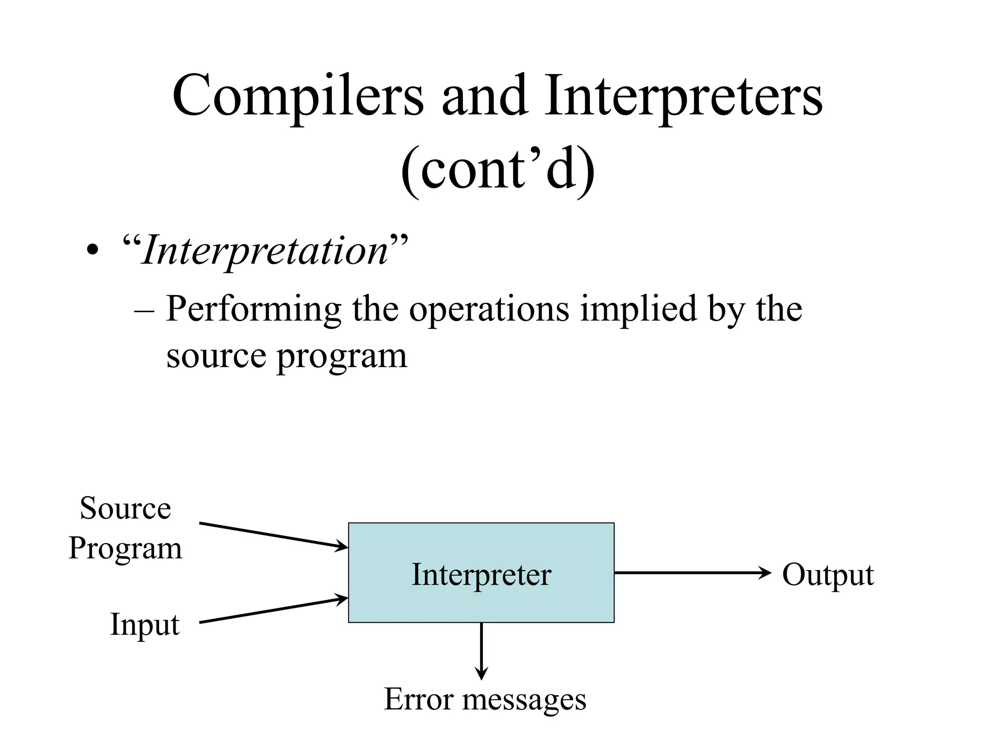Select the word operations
488,310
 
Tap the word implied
638,310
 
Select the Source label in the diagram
125,508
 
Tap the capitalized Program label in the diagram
125,549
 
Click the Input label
145,624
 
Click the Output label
828,575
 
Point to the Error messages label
485,700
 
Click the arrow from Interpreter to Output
691,573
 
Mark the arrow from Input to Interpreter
272,610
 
